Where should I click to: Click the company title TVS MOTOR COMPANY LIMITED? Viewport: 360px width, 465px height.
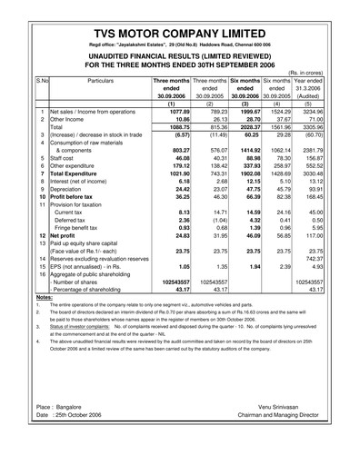tap(180, 28)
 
